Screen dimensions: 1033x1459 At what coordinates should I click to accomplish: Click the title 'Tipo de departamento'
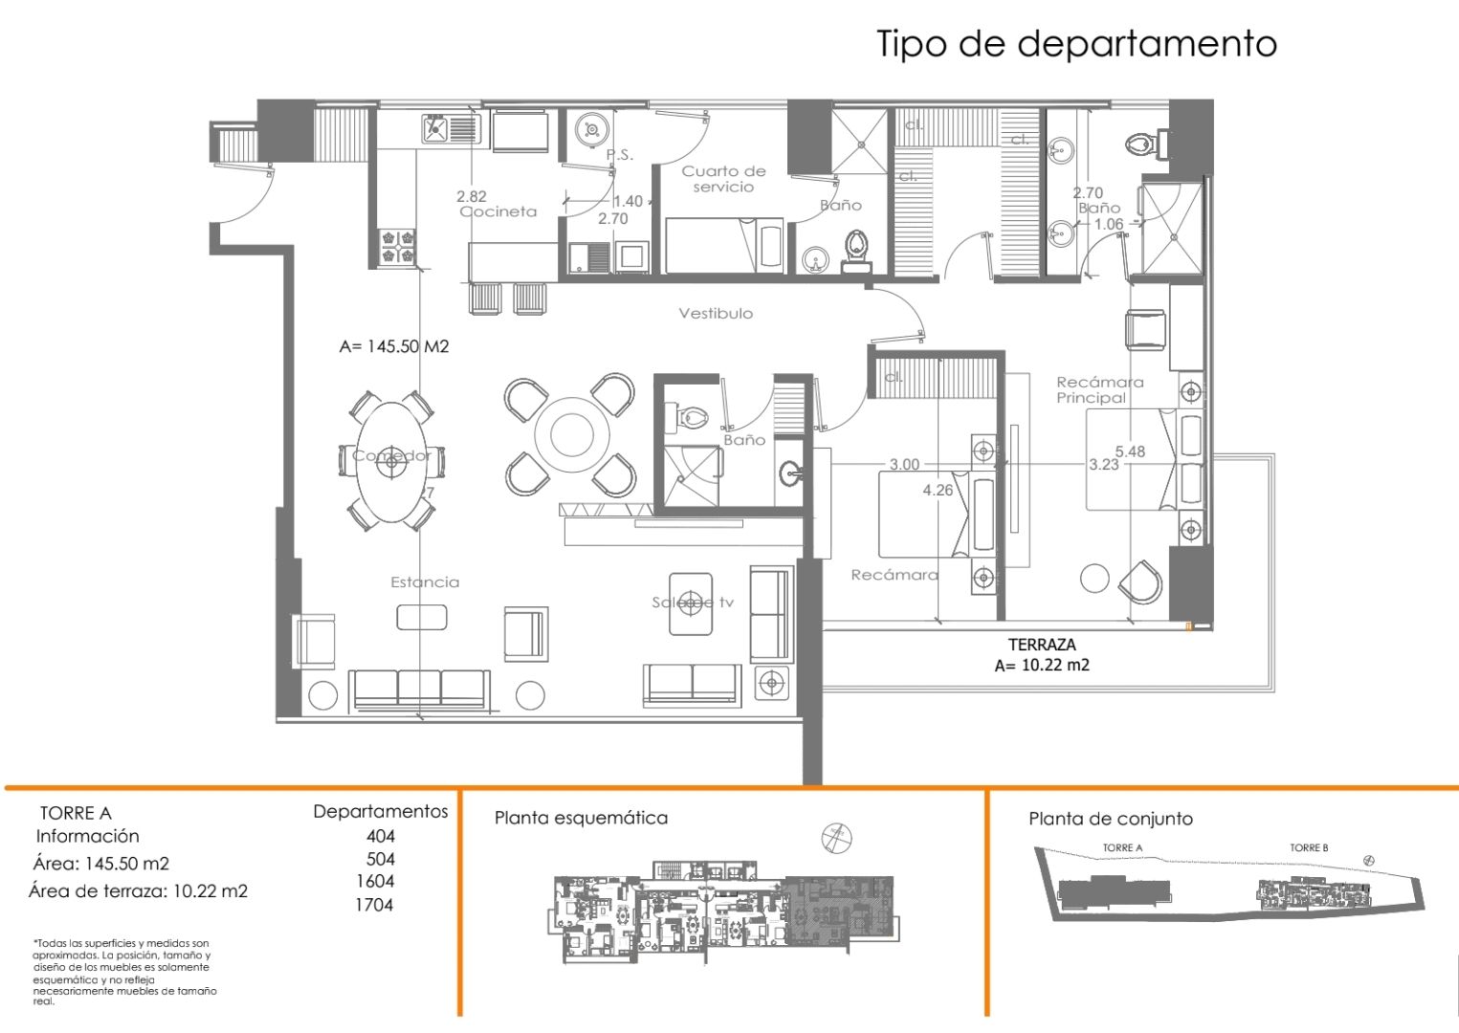(1076, 44)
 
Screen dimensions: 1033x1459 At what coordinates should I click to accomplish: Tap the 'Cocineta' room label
(498, 211)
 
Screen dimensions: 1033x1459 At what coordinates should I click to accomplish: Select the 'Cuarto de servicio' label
(723, 179)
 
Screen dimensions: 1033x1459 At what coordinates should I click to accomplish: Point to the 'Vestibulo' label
(716, 313)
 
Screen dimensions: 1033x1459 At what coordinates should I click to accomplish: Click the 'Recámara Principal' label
(1099, 389)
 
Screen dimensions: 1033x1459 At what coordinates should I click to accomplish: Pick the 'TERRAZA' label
(1042, 645)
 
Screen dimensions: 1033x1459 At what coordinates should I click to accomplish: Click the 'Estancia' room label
(425, 582)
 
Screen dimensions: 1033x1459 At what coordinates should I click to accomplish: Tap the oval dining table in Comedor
(391, 461)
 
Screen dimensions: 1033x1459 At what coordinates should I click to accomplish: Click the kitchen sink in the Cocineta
(451, 128)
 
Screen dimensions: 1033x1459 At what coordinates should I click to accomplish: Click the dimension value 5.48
(1130, 451)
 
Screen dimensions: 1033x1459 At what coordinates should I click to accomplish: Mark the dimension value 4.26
(938, 490)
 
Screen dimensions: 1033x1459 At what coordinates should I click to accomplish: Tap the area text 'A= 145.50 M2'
(394, 346)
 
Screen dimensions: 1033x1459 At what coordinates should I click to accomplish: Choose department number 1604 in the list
(375, 881)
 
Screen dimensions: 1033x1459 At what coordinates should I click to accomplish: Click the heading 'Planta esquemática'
(581, 818)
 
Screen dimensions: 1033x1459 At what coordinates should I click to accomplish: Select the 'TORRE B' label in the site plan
(1308, 847)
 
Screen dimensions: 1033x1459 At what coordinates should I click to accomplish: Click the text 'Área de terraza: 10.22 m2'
(138, 891)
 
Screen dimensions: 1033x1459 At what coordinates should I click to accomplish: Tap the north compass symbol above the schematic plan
(836, 838)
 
